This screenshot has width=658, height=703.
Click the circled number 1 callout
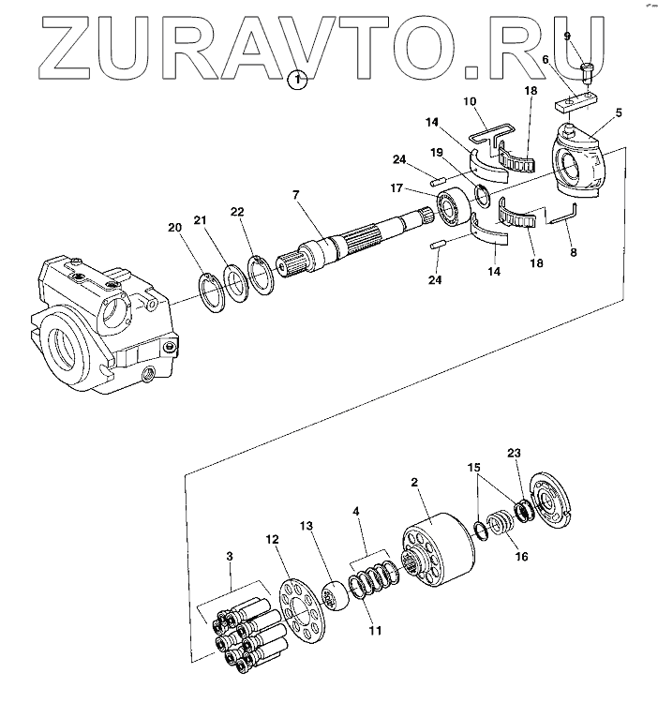pos(297,80)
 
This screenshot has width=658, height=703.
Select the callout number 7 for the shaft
pos(295,195)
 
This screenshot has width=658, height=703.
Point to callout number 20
pos(174,227)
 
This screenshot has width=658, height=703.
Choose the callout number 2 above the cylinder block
pos(414,484)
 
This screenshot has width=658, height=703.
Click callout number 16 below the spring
pos(522,556)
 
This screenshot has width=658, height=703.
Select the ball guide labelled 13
pos(334,596)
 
